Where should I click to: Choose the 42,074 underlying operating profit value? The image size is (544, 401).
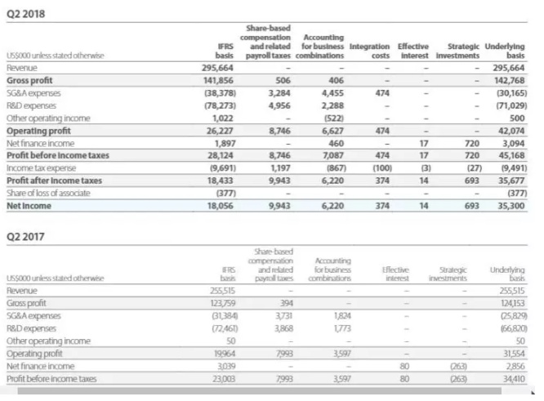tap(511, 127)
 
